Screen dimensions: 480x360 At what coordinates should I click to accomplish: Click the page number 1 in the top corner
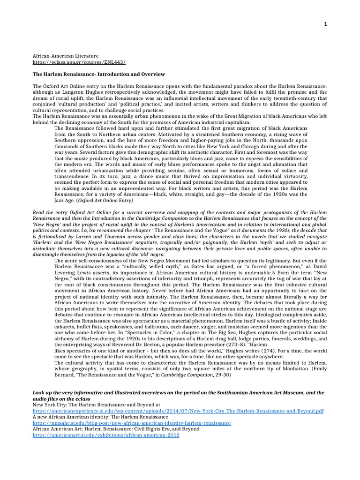325,24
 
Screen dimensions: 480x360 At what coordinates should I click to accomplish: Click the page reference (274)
257,350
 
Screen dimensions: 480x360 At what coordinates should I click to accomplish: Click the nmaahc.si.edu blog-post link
131,423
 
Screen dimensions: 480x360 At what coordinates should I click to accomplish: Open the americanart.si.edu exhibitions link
105,435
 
